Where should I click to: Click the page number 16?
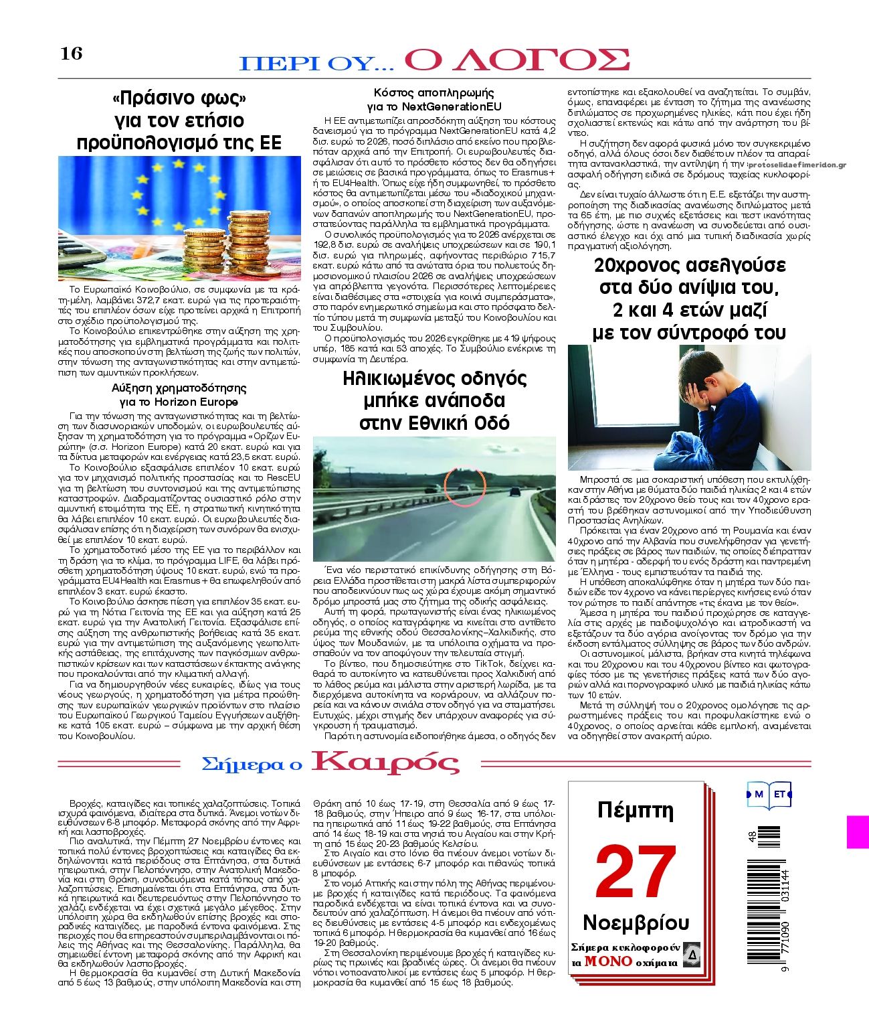[x=72, y=54]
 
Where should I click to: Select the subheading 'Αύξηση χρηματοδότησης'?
[x=179, y=388]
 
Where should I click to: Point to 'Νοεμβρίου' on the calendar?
[x=636, y=923]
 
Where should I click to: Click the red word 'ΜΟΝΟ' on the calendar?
[x=608, y=961]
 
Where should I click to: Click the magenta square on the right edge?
[x=858, y=832]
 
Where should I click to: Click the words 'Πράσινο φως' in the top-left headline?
[x=180, y=98]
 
